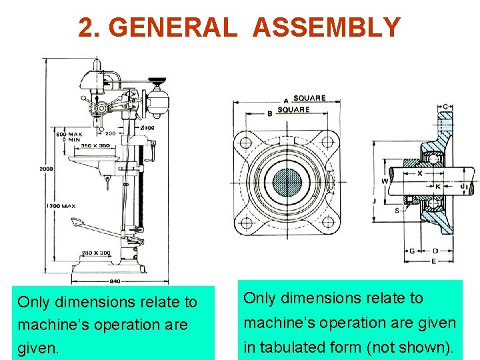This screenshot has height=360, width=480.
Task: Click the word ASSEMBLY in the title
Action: point(327,27)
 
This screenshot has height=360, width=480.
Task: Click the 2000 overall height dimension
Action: point(46,169)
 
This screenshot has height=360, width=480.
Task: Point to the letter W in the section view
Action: point(385,181)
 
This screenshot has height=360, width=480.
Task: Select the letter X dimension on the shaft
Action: point(420,173)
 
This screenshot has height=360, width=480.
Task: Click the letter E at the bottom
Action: point(433,261)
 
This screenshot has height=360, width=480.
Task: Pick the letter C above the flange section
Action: point(445,107)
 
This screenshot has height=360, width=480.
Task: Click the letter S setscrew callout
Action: point(397,211)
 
